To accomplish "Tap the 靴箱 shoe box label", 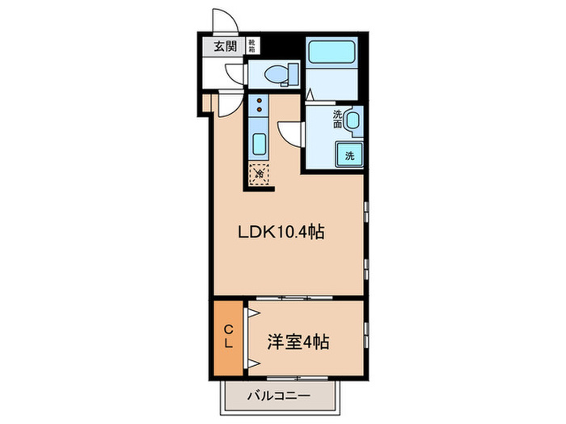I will pos(251,46).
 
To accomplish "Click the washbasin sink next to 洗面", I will pos(353,122).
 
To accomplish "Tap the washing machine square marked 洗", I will pos(349,153).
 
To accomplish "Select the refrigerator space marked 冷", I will pos(259,172).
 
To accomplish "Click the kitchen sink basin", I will pos(259,145).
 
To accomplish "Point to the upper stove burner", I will pos(259,101).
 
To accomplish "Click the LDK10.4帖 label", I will pos(281,233).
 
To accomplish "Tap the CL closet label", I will pos(228,336).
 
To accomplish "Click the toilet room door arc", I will pos(234,75).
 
